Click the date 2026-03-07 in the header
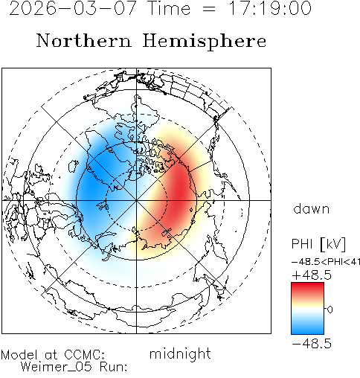tap(72, 8)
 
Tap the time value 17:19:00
tap(270, 8)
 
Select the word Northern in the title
tap(84, 40)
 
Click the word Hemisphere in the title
tap(205, 42)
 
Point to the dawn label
tap(312, 208)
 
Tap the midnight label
tap(180, 353)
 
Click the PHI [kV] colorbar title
tap(318, 244)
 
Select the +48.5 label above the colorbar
tap(312, 275)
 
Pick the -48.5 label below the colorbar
tap(312, 344)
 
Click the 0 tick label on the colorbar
tap(330, 310)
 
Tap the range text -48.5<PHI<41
tap(326, 262)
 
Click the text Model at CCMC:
tap(53, 355)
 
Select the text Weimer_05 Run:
tap(74, 367)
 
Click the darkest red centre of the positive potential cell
tap(182, 191)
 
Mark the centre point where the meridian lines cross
tap(136, 200)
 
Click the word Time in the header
tap(169, 8)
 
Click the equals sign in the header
tap(209, 9)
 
